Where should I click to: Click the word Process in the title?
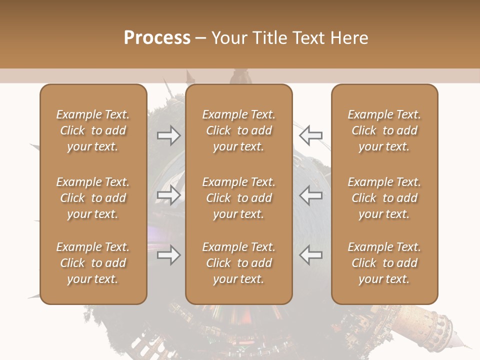pos(157,38)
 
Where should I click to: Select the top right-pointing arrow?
pos(168,135)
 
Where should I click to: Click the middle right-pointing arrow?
pos(168,195)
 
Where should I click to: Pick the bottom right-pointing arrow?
pos(168,255)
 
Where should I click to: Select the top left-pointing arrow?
pos(310,135)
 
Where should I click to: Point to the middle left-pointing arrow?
pos(310,195)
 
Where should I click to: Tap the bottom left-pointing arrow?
pos(310,255)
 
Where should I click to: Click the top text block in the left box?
pos(93,130)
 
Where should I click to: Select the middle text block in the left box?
pos(93,198)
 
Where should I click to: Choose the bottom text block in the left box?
pos(93,263)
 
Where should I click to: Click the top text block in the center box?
pos(238,130)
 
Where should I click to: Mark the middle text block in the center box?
pos(238,198)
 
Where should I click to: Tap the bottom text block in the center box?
pos(238,263)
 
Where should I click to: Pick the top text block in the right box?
pos(384,130)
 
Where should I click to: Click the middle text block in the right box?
pos(384,198)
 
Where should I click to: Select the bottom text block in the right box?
pos(384,263)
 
